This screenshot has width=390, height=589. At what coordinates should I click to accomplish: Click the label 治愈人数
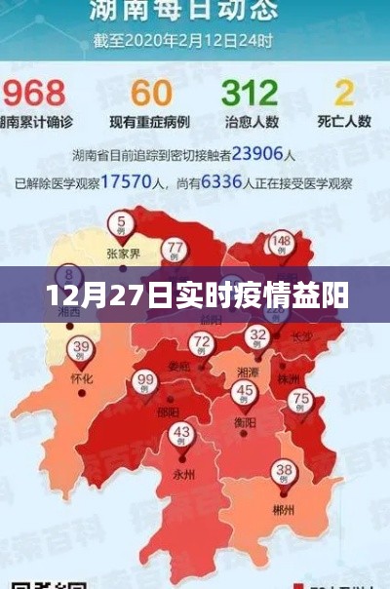coord(251,122)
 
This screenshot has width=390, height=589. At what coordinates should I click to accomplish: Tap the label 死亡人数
coord(343,122)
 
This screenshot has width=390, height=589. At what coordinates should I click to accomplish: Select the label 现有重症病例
coord(151,122)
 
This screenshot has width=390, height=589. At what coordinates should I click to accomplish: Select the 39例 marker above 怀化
coord(81,348)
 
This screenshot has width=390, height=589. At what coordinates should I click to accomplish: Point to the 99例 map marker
coord(146,382)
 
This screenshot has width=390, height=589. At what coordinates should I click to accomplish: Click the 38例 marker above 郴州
coord(283,471)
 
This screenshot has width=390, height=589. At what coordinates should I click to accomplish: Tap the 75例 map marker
coord(302,400)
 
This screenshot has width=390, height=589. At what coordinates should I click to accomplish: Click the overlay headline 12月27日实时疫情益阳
coord(195,293)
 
